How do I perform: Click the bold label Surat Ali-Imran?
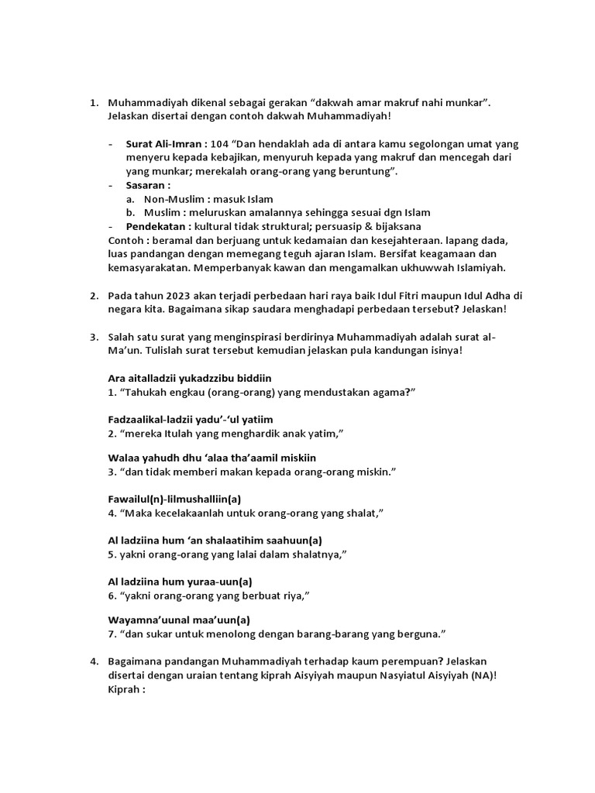click(165, 144)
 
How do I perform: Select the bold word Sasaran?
click(147, 185)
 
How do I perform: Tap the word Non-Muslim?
click(172, 199)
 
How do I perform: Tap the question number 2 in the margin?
click(92, 295)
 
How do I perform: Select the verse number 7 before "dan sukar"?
click(112, 635)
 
